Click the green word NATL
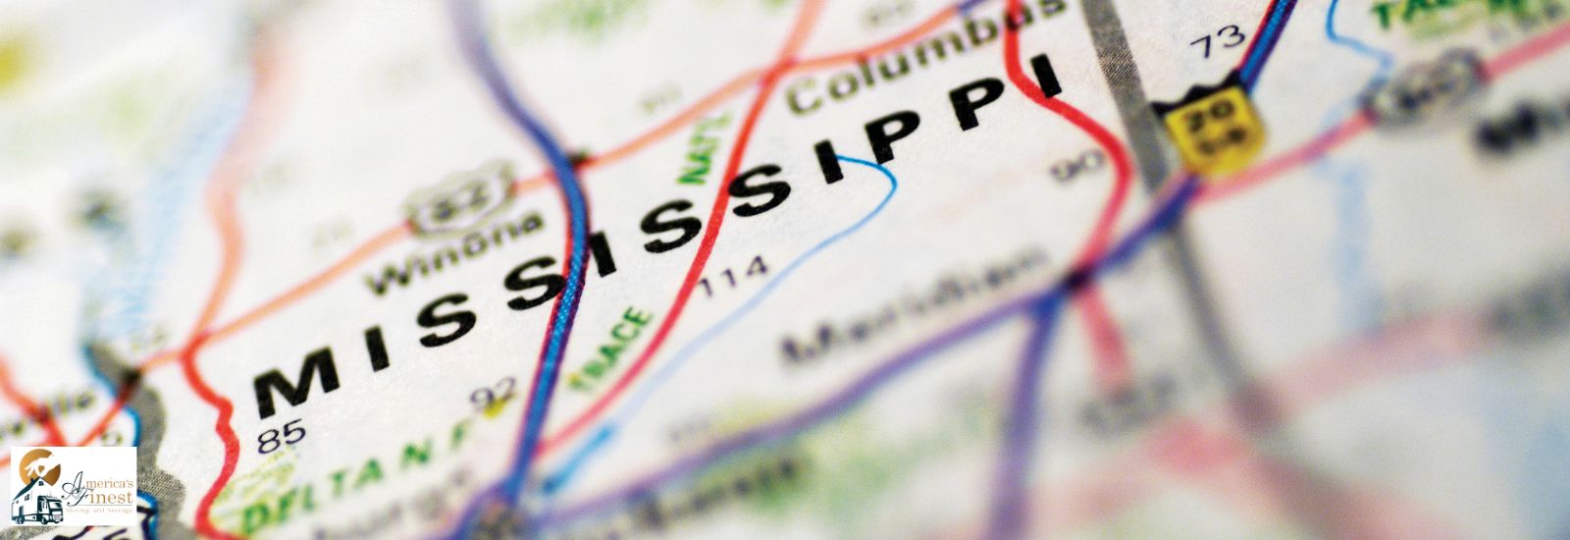707,148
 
